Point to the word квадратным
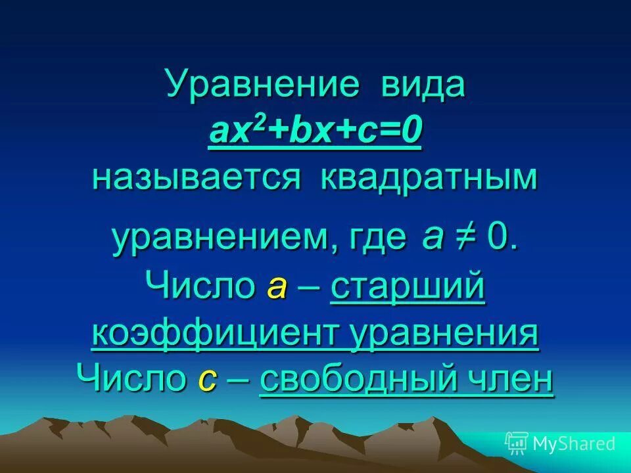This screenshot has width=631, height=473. pos(429,179)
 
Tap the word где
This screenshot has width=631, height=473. pos(377,240)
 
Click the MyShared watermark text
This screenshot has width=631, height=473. pos(573,444)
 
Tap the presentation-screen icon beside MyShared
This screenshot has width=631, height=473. pos(517,443)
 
